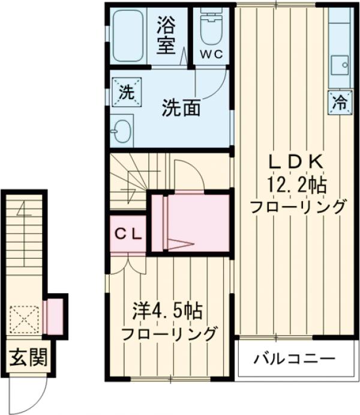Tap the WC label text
point(211,54)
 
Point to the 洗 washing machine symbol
point(125,93)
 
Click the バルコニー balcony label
point(293,360)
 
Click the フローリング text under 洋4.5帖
point(169,334)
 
